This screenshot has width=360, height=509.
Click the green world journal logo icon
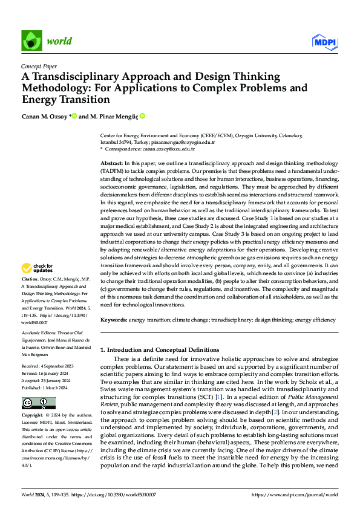click(x=32, y=41)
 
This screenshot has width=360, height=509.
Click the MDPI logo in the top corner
click(x=324, y=41)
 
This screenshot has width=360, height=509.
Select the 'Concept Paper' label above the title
click(x=39, y=66)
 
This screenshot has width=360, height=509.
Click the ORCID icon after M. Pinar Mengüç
click(x=143, y=116)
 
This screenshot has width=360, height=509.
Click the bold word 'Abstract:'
click(x=113, y=164)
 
